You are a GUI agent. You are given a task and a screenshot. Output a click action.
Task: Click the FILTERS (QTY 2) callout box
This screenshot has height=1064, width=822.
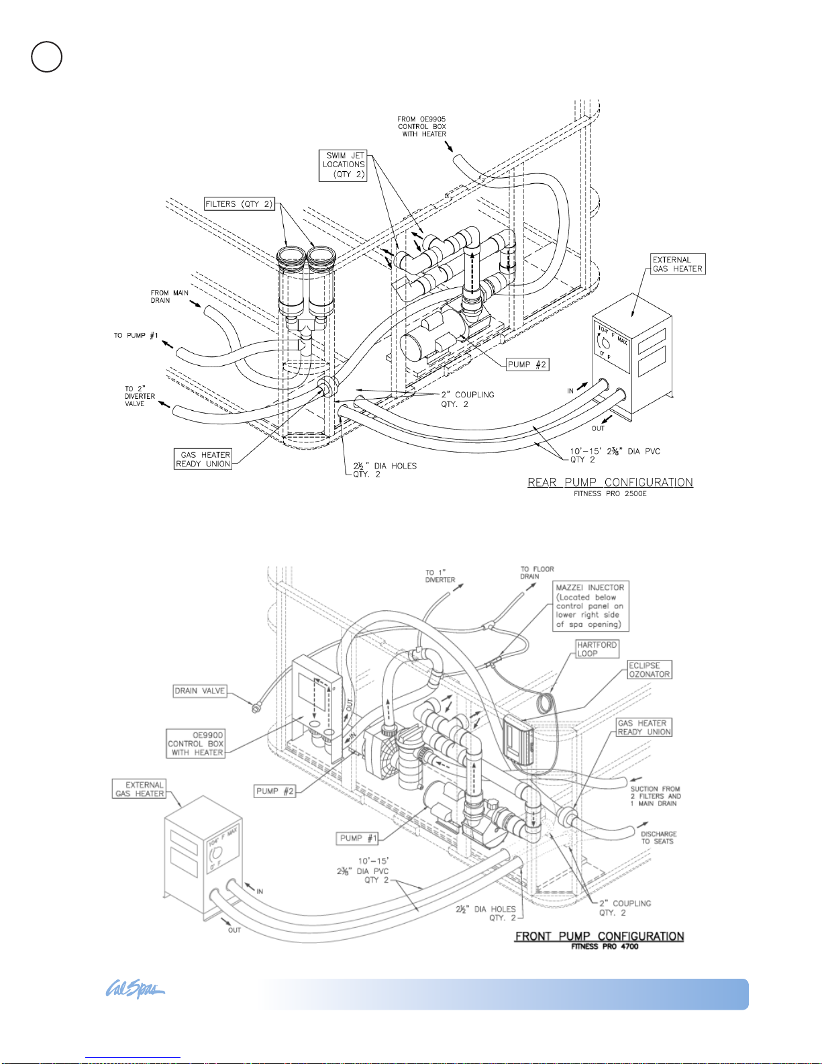coord(240,203)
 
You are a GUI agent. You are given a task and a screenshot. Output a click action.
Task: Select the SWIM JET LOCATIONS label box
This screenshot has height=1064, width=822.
coord(343,166)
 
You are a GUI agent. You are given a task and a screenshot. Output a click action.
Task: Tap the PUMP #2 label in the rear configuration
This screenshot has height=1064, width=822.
coord(527,365)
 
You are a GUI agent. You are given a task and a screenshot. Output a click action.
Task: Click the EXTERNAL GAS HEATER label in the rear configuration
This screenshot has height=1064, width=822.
coord(678,264)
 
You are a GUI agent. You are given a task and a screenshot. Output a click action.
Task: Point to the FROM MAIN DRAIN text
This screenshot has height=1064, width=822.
coord(169,297)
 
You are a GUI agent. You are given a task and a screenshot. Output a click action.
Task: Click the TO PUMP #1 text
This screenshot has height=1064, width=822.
coord(136,336)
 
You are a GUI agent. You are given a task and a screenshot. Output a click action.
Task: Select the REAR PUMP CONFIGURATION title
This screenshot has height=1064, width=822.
coord(610,482)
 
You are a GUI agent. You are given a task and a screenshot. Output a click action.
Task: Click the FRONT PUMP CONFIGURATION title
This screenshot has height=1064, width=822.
coord(599,936)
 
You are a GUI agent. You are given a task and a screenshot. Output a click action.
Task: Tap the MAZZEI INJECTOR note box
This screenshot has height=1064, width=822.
coord(590,606)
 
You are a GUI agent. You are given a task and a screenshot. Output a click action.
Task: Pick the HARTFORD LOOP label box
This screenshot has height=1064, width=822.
coord(597,648)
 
